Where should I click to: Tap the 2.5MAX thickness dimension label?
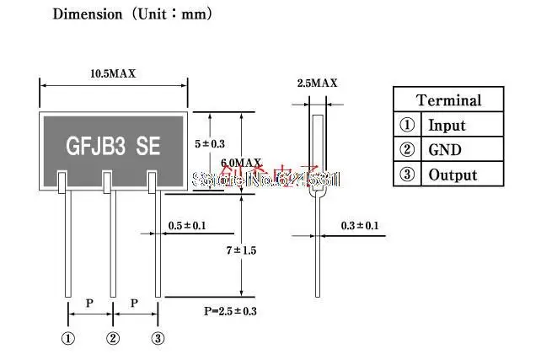[x=317, y=83]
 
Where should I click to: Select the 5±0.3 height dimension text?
[x=211, y=144]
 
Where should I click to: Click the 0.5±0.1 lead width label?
[x=187, y=225]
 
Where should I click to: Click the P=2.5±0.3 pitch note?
[x=230, y=311]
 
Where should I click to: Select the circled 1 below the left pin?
[x=67, y=339]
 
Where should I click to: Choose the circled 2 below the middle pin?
[x=113, y=339]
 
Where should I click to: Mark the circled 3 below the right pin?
[x=158, y=339]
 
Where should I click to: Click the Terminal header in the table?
[x=448, y=100]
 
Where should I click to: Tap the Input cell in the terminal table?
[x=447, y=126]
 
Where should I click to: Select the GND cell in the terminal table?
[x=445, y=150]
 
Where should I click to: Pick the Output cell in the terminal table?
[x=453, y=175]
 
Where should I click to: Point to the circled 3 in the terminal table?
[x=407, y=175]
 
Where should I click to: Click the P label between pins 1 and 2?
[x=90, y=302]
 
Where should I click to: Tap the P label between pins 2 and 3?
[x=135, y=302]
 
